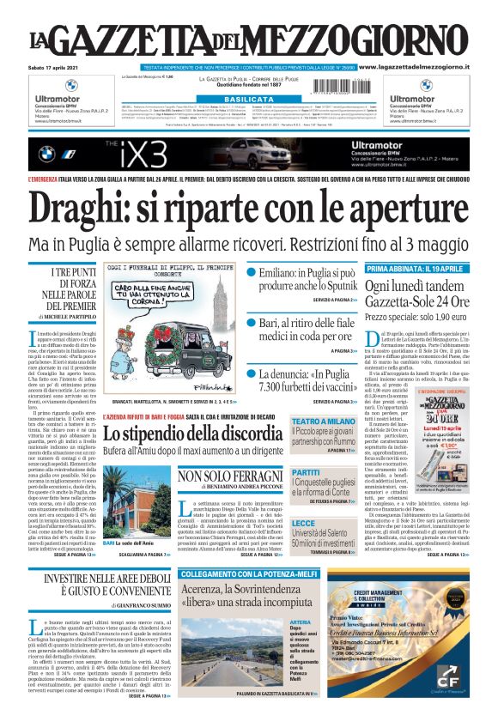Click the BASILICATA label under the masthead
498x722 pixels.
tap(248, 100)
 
